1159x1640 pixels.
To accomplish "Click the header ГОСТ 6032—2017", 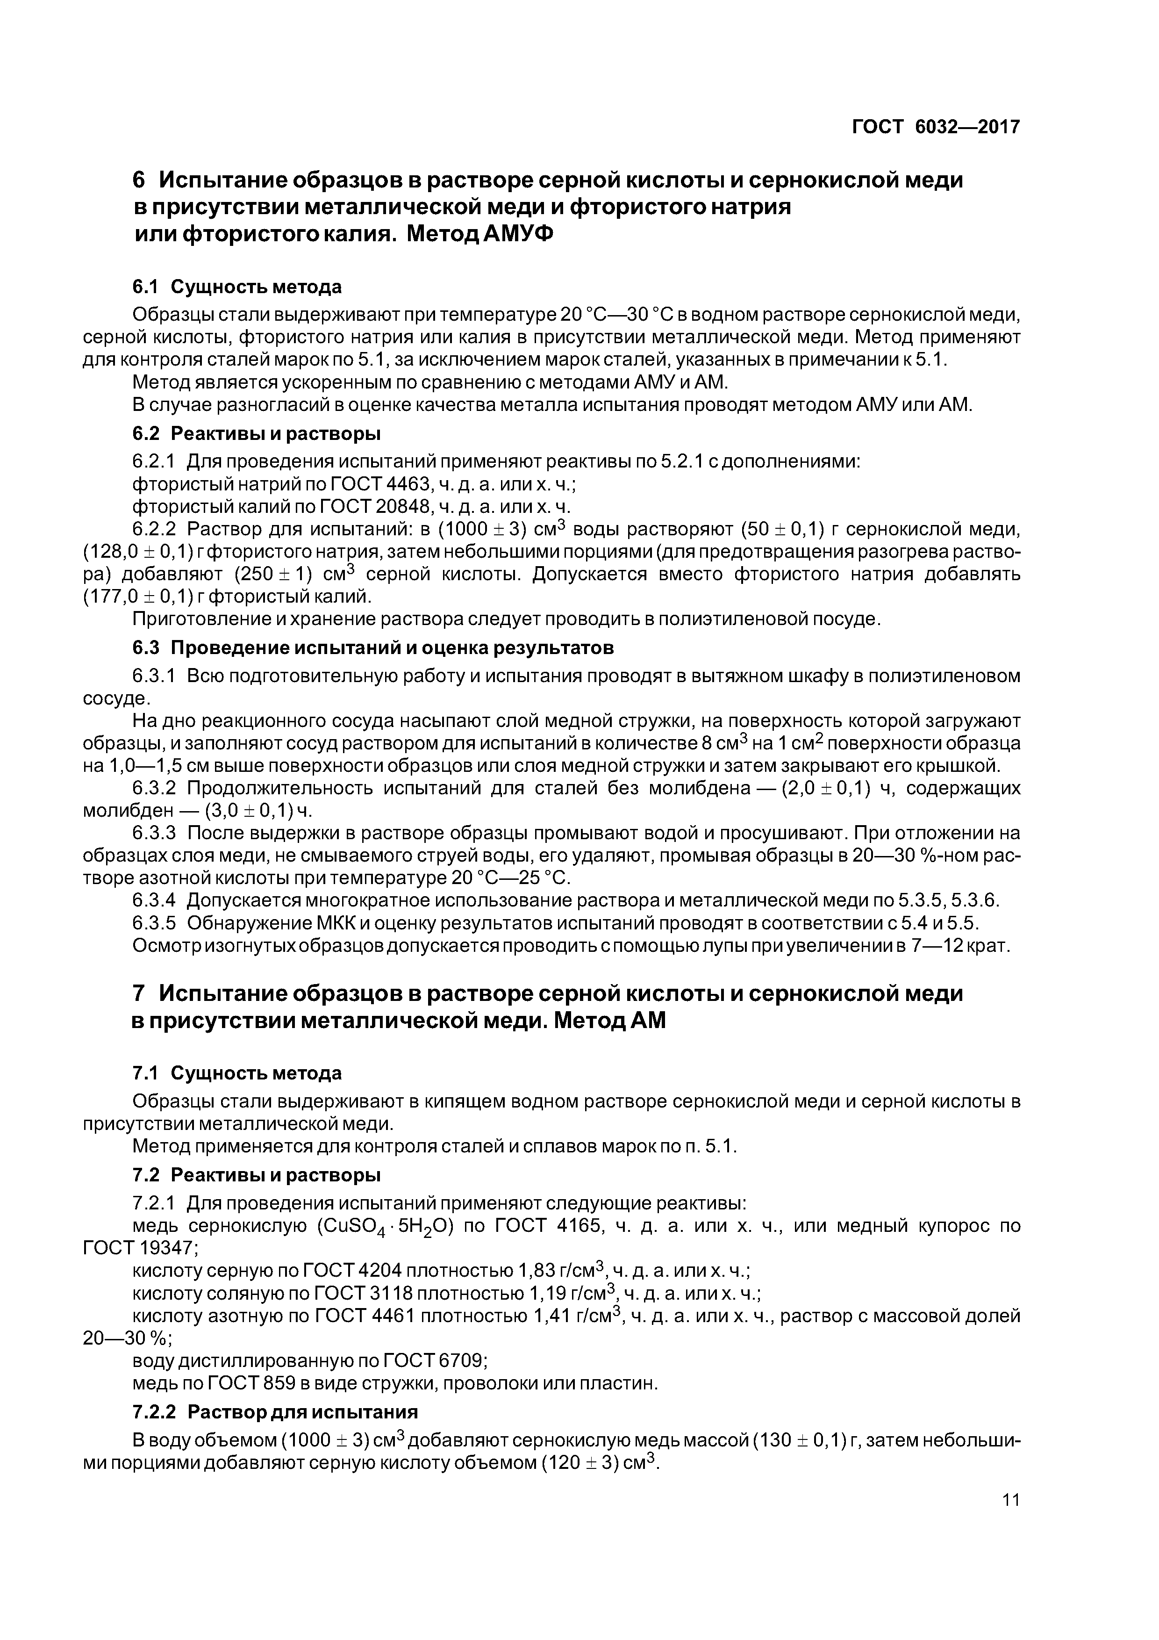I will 936,127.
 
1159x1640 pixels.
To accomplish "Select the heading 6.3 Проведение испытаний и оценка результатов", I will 373,648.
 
